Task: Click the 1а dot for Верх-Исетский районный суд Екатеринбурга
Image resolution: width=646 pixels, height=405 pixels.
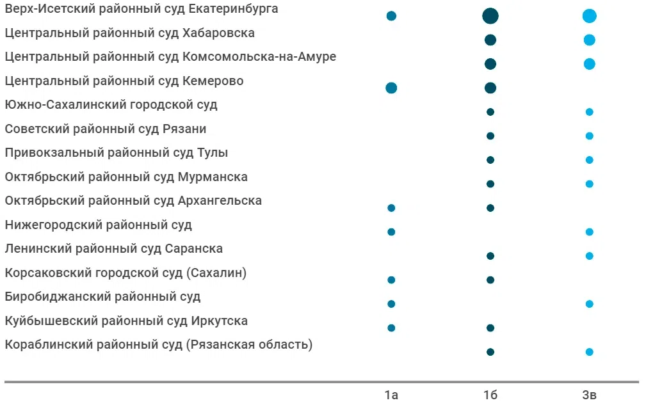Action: [391, 16]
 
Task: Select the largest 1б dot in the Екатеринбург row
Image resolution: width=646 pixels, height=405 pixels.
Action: [490, 16]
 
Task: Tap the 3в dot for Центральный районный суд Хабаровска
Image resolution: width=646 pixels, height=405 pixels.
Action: [590, 40]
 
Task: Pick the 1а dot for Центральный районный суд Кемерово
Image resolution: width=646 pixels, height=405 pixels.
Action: [391, 88]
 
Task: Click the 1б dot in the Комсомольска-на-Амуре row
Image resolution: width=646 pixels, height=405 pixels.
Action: [490, 64]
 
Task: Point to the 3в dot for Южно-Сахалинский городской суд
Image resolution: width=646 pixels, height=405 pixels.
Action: [590, 112]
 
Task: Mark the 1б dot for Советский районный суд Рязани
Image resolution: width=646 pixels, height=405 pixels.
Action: [490, 136]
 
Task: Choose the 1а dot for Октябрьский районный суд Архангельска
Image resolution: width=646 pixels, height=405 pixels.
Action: [391, 208]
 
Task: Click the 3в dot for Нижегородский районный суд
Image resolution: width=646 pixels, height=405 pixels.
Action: [590, 232]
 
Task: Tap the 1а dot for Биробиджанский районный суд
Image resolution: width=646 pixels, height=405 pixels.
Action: [391, 304]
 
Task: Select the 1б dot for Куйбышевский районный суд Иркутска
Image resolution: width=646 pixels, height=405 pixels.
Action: [490, 328]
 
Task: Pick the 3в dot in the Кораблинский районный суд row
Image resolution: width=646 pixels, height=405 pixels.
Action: [590, 352]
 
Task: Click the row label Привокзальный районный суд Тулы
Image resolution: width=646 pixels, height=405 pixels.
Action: [117, 153]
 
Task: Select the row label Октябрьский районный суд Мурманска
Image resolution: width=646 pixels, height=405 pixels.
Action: [126, 177]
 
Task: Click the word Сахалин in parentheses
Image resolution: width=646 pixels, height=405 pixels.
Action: [216, 273]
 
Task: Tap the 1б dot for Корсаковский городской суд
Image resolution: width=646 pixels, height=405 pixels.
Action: [490, 280]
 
